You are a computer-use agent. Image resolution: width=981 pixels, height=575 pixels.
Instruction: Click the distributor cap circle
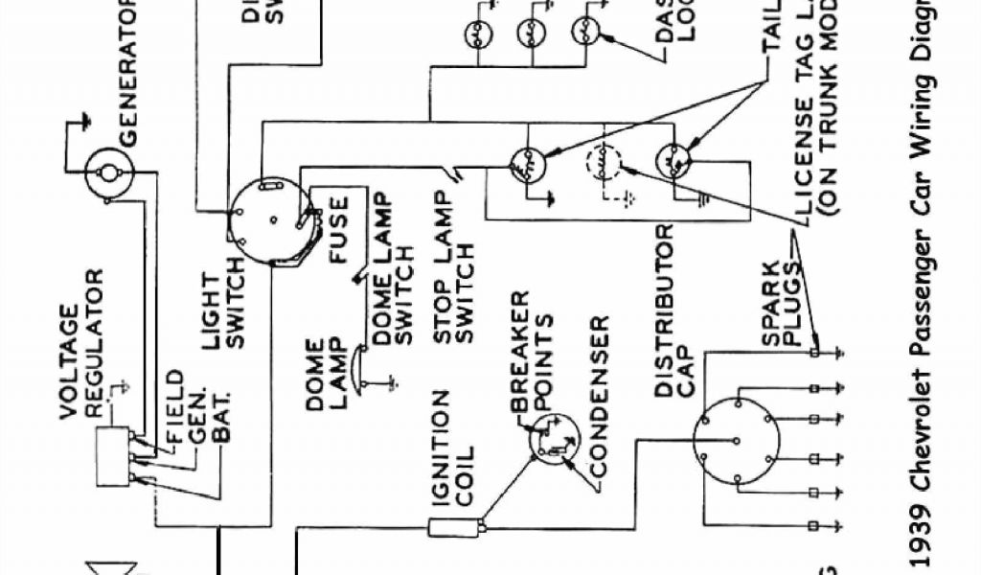pos(735,442)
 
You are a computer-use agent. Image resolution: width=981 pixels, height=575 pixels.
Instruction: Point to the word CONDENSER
pos(601,396)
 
